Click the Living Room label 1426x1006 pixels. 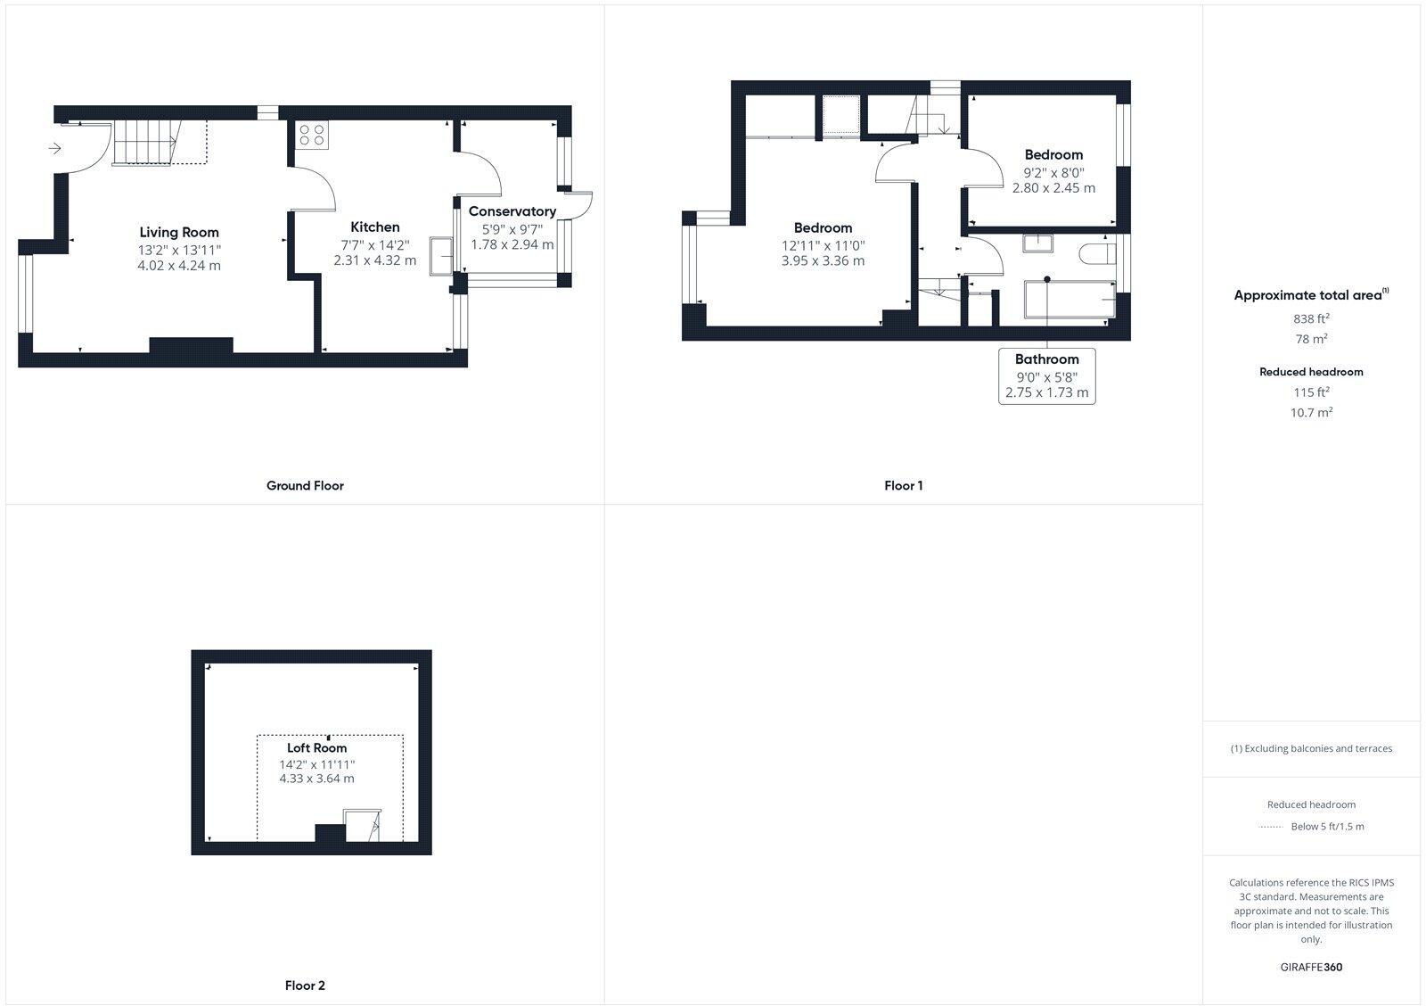[x=179, y=232]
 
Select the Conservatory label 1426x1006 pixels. [x=512, y=211]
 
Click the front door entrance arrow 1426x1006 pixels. [x=54, y=148]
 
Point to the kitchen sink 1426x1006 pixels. [x=441, y=255]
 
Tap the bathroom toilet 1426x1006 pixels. [x=1095, y=254]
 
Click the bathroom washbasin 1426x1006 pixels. [x=1037, y=243]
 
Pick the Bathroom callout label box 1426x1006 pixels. [x=1047, y=375]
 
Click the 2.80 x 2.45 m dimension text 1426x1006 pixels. [x=1053, y=188]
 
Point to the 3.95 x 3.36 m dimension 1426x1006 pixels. [x=823, y=261]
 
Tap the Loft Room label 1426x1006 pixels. [x=316, y=748]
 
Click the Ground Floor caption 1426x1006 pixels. [x=305, y=486]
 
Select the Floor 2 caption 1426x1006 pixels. [x=305, y=985]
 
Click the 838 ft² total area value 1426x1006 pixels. [x=1311, y=318]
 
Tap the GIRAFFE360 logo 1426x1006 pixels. [x=1311, y=967]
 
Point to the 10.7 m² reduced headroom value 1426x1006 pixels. [x=1311, y=413]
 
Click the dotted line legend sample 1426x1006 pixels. [x=1270, y=827]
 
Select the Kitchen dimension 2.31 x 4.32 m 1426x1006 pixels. [x=374, y=261]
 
